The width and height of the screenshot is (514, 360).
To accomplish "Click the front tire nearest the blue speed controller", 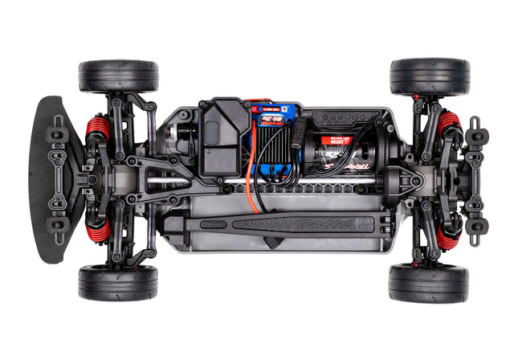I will [x=119, y=75].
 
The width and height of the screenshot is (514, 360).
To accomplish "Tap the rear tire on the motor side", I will [x=429, y=76].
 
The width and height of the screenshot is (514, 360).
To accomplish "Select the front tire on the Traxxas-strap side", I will [x=118, y=282].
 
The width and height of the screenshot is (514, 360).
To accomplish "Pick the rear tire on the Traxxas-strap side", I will [x=428, y=283].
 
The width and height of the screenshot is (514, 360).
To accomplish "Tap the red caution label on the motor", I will [x=337, y=142].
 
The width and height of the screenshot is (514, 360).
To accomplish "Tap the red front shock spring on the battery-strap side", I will [x=97, y=232].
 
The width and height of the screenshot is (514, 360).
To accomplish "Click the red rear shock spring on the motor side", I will [x=448, y=124].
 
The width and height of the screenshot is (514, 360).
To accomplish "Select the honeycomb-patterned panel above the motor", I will [x=345, y=118].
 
